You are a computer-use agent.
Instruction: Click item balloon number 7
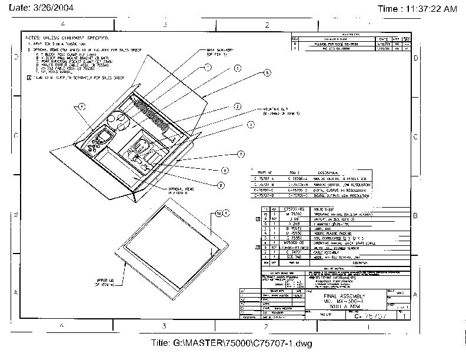click(241, 154)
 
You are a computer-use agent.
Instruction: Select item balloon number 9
click(225, 170)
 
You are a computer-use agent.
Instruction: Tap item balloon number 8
click(221, 185)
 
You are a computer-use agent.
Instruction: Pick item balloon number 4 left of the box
click(82, 107)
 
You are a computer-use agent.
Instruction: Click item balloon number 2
click(237, 107)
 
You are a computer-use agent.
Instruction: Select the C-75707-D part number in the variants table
click(262, 196)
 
